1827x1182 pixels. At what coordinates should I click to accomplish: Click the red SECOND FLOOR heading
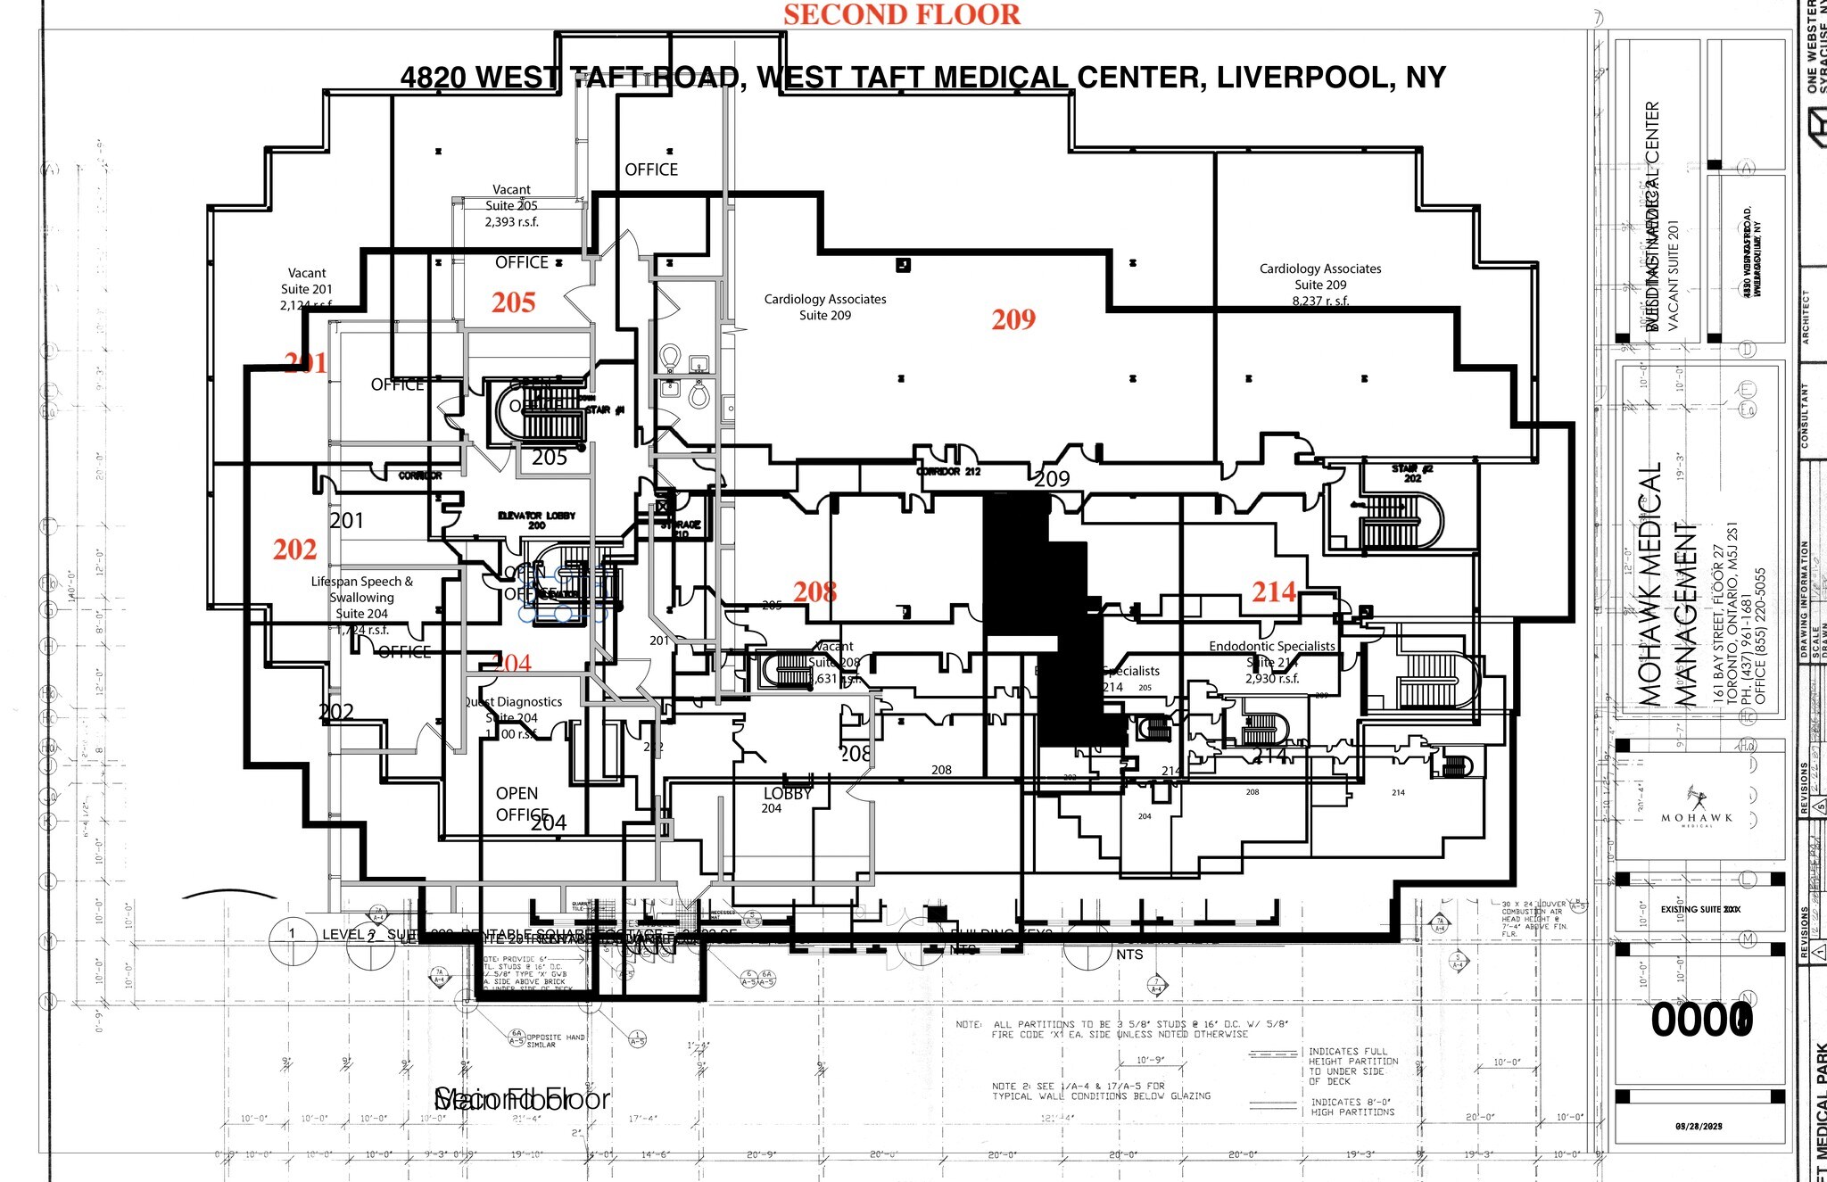point(902,15)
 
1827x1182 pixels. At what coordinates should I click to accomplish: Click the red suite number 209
point(1013,319)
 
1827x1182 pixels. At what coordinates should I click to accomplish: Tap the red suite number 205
point(514,302)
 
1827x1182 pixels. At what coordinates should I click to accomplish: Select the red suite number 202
point(295,550)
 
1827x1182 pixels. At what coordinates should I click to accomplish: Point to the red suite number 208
point(815,591)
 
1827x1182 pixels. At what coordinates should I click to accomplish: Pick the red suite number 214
point(1274,591)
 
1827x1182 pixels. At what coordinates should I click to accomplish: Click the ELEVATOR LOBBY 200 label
point(536,520)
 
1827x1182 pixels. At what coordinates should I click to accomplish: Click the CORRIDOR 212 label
point(948,471)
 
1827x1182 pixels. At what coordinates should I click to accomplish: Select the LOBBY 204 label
point(786,800)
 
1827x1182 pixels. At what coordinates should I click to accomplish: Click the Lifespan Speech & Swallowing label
point(362,590)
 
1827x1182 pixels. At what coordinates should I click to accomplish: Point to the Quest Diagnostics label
point(514,702)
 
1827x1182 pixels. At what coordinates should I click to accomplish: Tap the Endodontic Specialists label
point(1272,646)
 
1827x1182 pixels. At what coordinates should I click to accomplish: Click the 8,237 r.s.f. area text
point(1320,302)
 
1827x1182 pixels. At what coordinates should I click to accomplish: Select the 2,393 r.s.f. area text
point(512,222)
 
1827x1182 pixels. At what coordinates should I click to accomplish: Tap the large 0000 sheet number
point(1701,1020)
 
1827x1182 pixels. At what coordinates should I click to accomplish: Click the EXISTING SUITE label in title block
point(1699,909)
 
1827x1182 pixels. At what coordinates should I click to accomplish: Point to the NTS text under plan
point(1129,955)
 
